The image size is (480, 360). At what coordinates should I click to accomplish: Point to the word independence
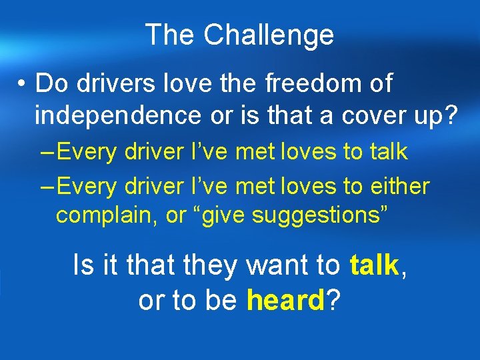tap(117, 116)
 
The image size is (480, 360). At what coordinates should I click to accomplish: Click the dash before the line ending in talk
tap(47, 152)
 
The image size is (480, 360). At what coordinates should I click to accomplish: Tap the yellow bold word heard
tap(285, 301)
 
